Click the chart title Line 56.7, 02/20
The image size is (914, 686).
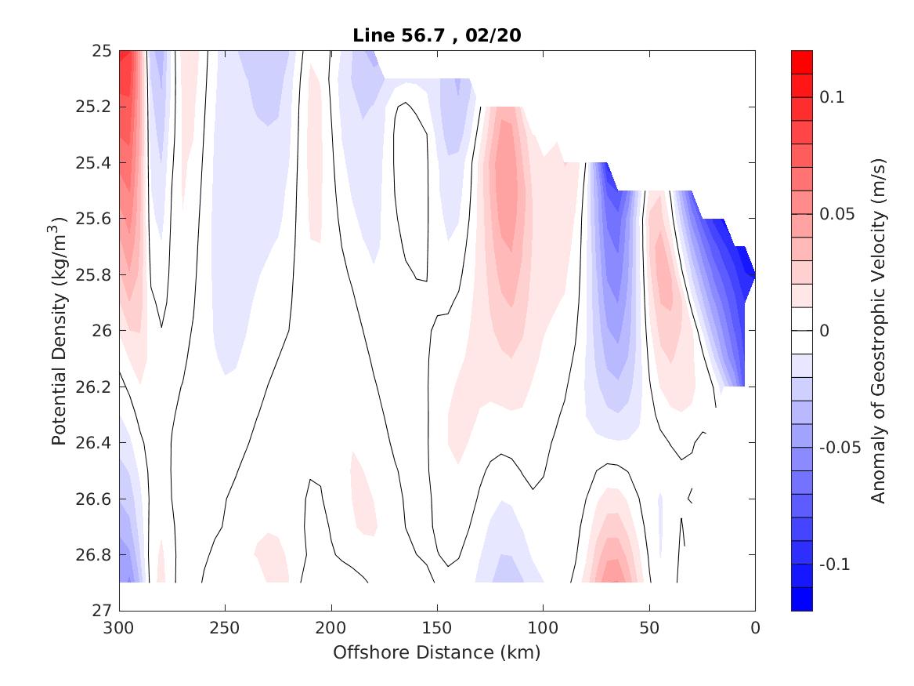[437, 34]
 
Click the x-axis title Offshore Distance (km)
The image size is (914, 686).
[437, 652]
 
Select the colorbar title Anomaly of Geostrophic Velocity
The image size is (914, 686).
[878, 330]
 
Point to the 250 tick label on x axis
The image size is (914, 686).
[225, 629]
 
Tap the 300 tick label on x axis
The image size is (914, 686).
[119, 629]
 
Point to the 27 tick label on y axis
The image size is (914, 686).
[103, 611]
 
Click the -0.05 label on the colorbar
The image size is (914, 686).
[838, 448]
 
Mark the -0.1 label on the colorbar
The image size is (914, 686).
[834, 564]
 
